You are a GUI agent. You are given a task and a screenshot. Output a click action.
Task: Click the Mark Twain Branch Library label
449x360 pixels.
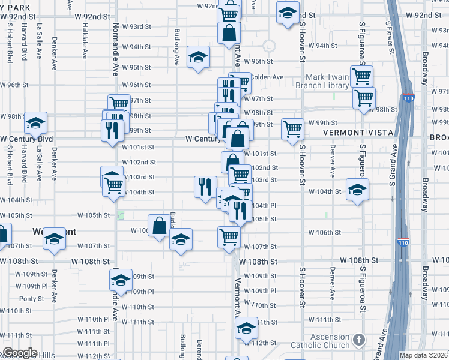[x=327, y=81]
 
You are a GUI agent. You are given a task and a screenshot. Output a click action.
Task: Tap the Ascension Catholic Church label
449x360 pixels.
[x=320, y=341]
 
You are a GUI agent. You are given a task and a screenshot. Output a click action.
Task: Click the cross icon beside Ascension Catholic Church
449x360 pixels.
[x=359, y=340]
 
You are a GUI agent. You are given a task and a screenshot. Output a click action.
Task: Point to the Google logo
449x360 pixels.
[x=19, y=353]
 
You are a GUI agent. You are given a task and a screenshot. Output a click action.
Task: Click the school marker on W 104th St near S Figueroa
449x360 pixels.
[x=357, y=190]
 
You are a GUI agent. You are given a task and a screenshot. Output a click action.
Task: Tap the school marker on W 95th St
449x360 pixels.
[x=199, y=57]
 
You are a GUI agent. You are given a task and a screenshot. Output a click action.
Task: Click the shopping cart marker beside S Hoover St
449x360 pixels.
[x=292, y=128]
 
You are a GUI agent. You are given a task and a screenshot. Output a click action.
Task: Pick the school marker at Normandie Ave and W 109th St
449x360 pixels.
[x=121, y=280]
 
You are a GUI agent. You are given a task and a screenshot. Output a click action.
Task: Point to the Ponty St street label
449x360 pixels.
[x=31, y=298]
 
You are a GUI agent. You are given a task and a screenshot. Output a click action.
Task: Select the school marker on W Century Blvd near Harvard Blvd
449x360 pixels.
[x=35, y=123]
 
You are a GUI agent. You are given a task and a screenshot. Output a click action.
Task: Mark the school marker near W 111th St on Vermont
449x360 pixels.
[x=245, y=328]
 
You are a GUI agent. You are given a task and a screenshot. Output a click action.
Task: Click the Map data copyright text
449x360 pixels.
[x=424, y=355]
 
